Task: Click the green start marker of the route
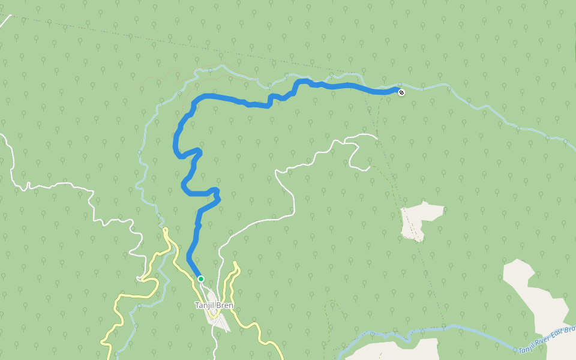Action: coord(201,278)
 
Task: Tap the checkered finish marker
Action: coord(401,92)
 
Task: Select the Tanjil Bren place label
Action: coord(214,305)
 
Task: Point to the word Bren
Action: coord(225,305)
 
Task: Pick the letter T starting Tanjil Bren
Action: coord(197,305)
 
